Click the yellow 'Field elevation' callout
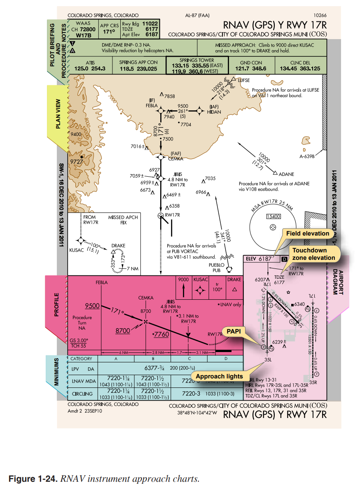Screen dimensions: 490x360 [x=307, y=233]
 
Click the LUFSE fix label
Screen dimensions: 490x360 [x=244, y=81]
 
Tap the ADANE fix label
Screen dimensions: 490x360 [x=287, y=174]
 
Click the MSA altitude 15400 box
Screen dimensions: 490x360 [x=273, y=217]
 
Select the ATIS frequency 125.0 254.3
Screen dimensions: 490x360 [x=90, y=69]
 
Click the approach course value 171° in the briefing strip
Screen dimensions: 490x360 [x=109, y=31]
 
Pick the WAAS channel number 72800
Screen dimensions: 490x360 [x=87, y=30]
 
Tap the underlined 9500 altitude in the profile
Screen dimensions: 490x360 [x=92, y=306]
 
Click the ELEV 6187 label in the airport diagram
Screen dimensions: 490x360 [x=259, y=259]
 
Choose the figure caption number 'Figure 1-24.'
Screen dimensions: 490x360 [x=33, y=479]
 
